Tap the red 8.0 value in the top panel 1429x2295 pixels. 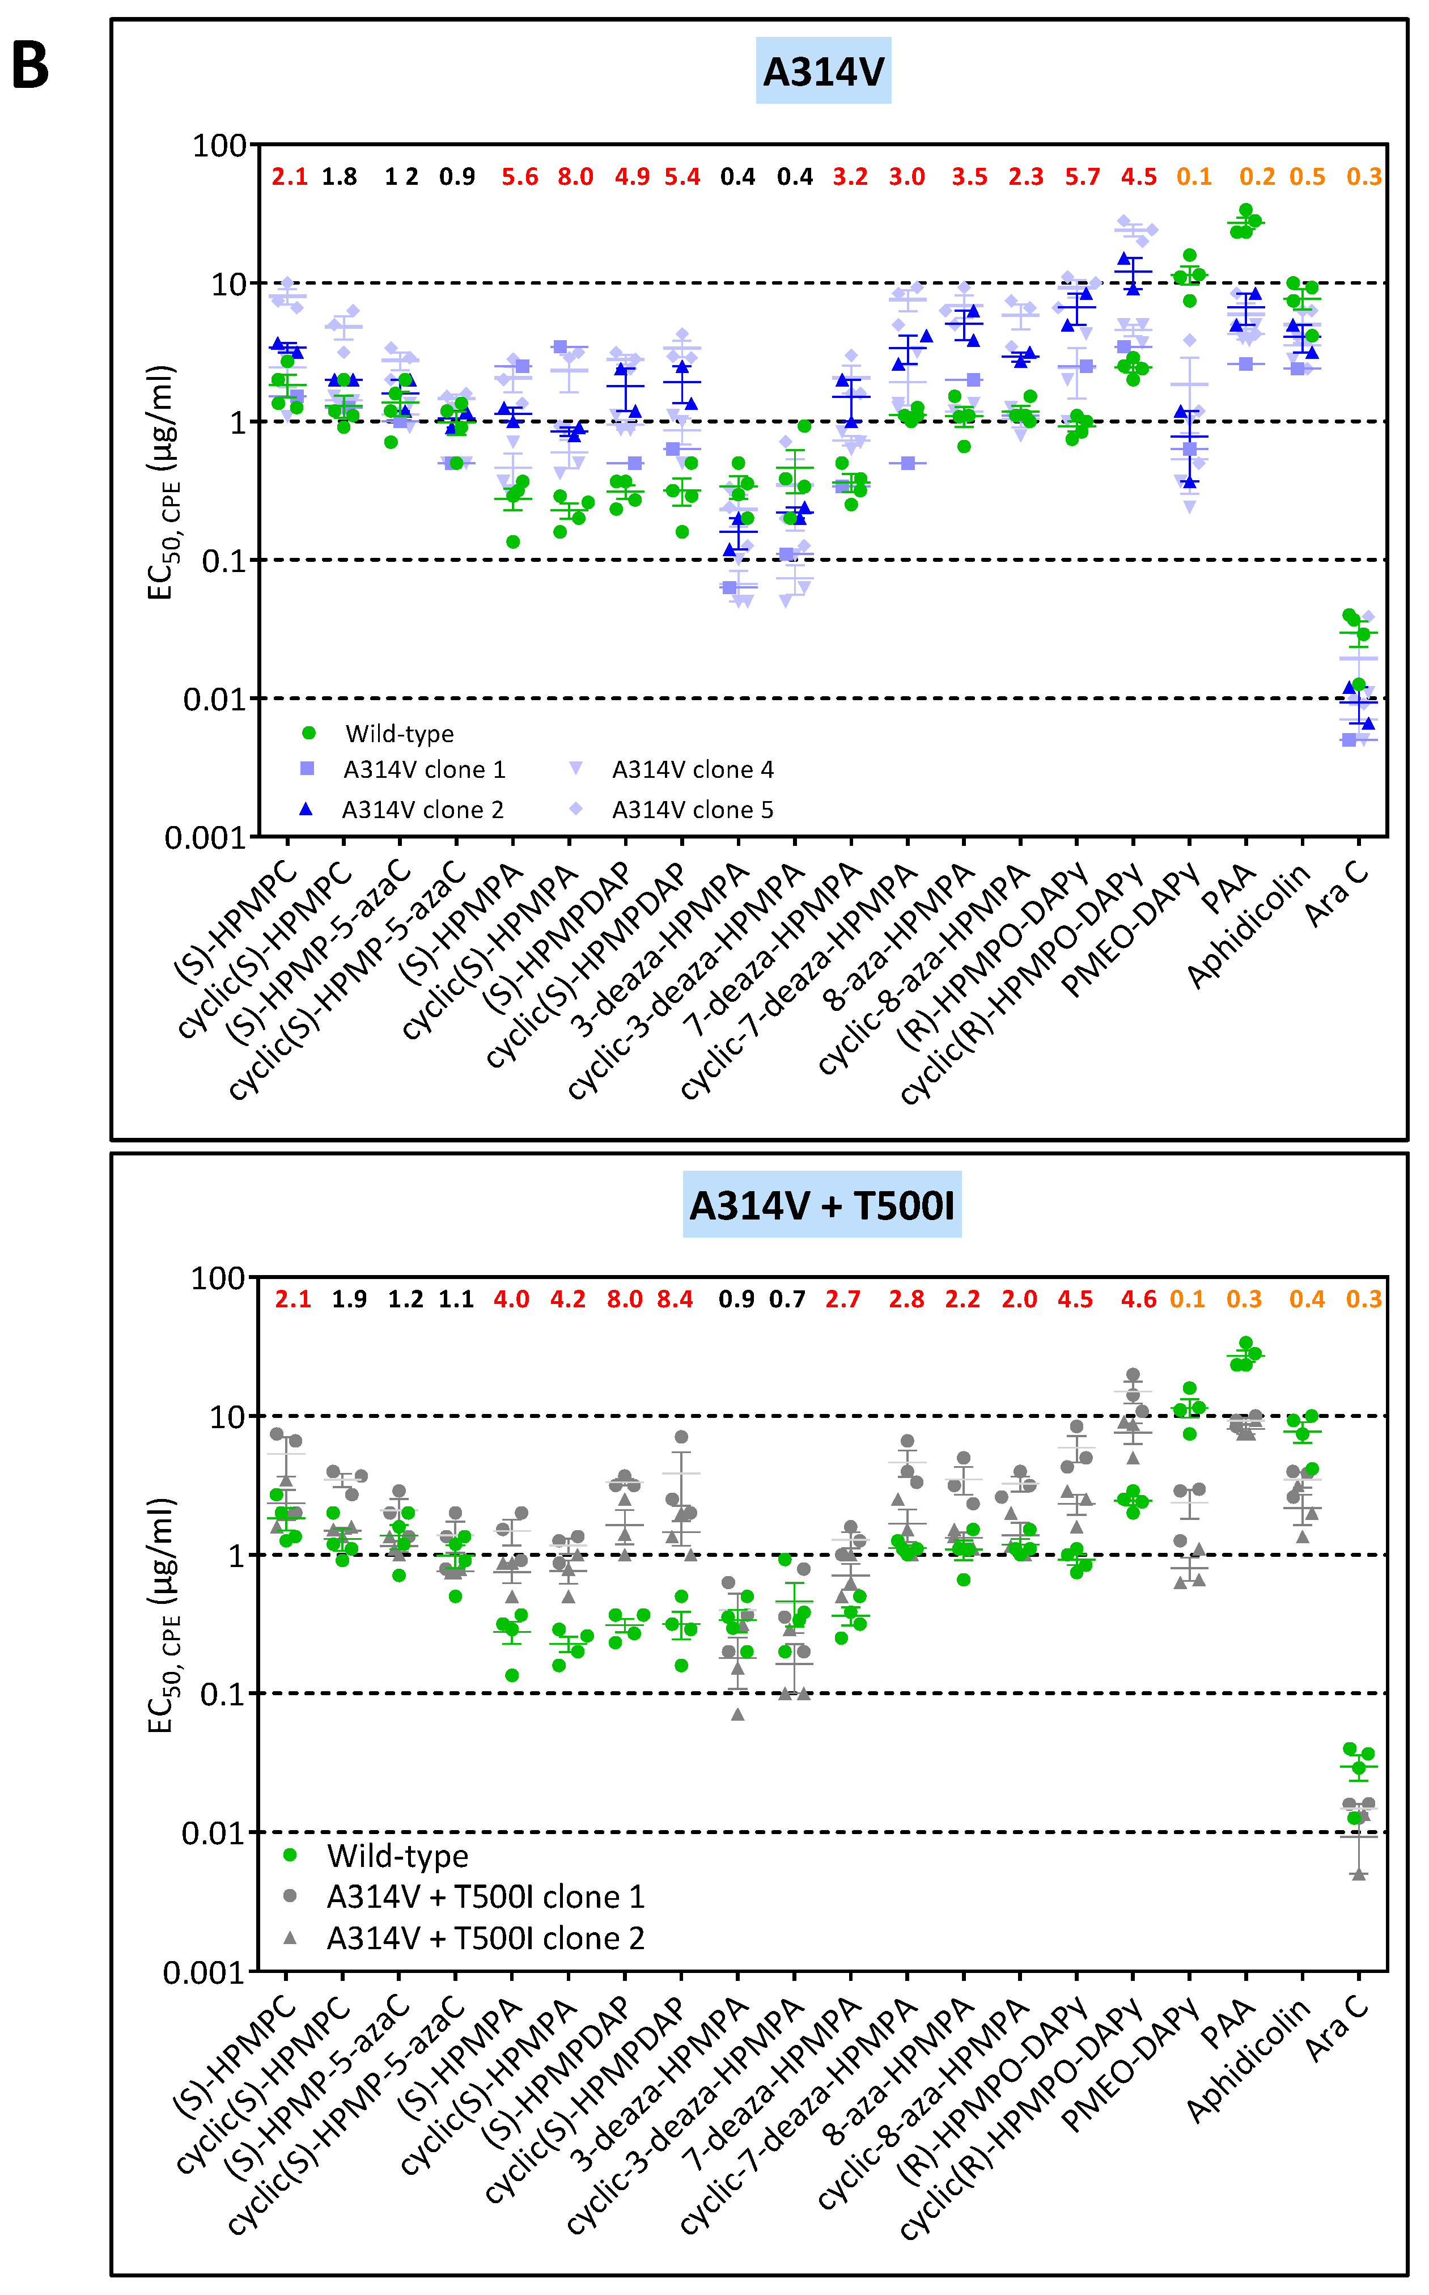pyautogui.click(x=575, y=177)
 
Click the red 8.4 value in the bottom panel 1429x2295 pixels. pyautogui.click(x=675, y=1299)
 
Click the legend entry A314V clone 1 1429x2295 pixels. pyautogui.click(x=423, y=769)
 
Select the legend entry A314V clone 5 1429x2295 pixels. pyautogui.click(x=692, y=810)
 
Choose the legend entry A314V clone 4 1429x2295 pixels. pyautogui.click(x=692, y=769)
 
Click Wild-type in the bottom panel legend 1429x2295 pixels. pyautogui.click(x=397, y=1856)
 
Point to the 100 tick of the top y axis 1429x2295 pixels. pyautogui.click(x=219, y=146)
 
